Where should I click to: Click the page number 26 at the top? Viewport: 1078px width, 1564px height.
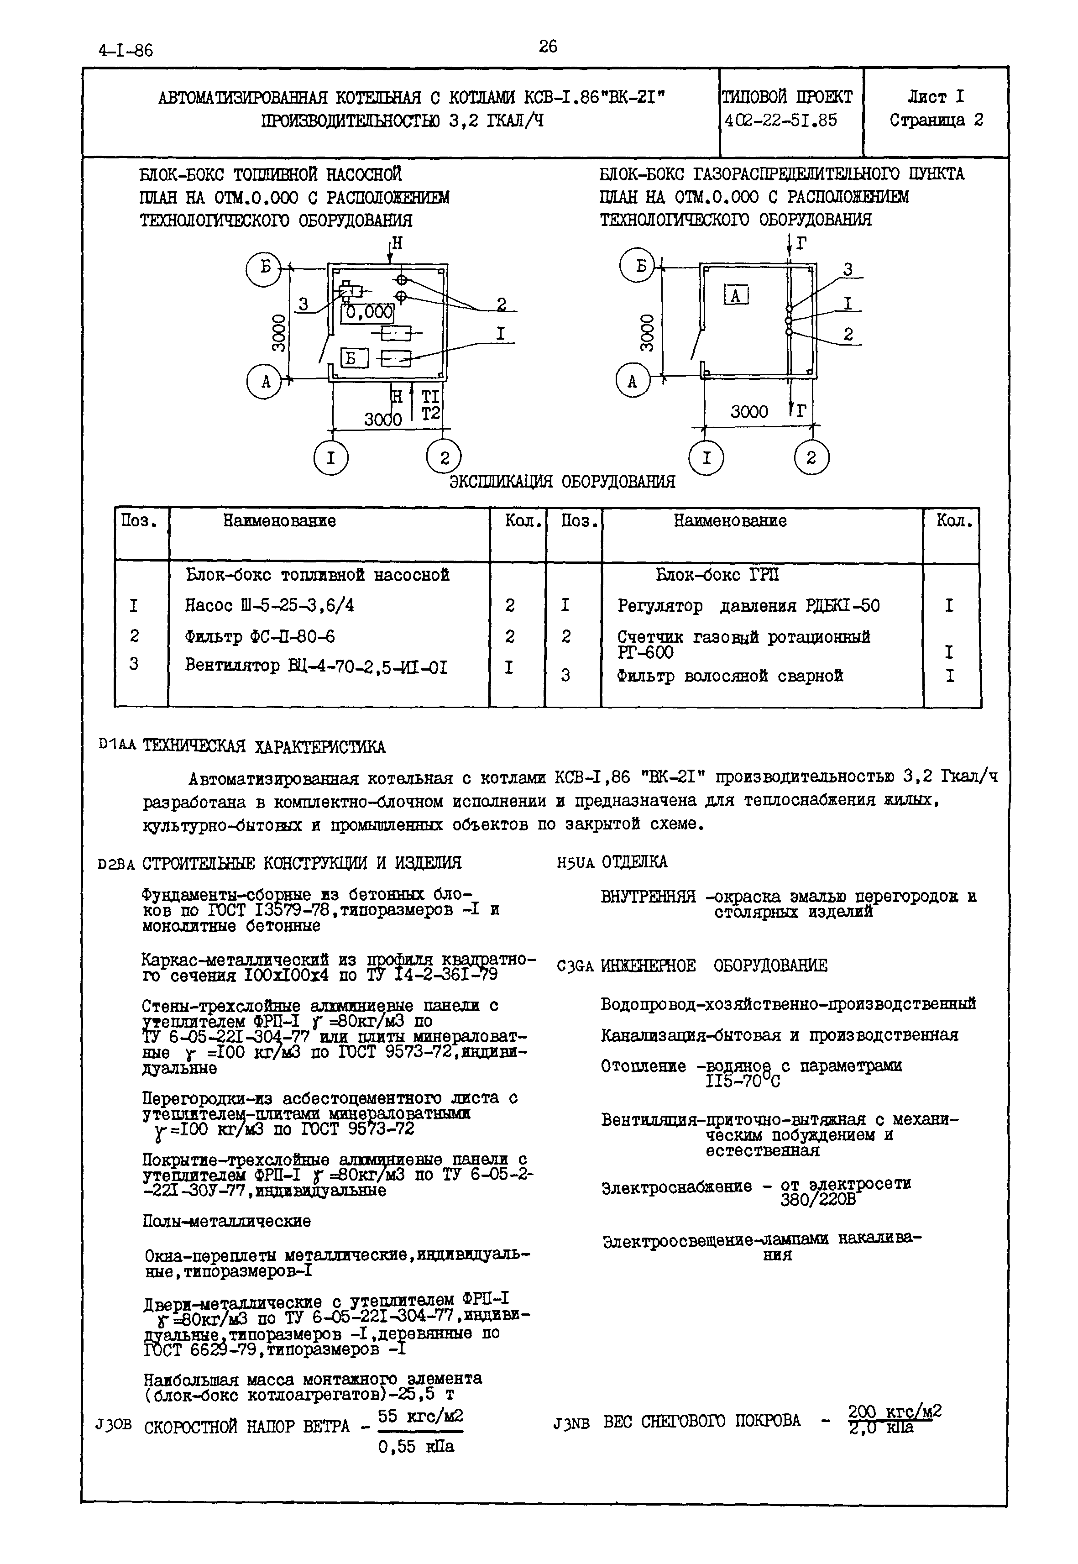pos(548,47)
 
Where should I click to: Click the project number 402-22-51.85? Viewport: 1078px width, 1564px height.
pos(780,120)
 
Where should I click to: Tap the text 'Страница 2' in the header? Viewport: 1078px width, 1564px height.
pos(936,120)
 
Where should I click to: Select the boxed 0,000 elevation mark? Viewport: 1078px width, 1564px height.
pos(367,312)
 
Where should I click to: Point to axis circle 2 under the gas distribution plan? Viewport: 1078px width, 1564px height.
pos(811,459)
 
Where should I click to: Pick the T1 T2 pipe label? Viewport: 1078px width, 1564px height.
pos(430,404)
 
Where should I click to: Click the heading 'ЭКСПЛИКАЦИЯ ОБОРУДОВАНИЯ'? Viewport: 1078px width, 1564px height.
pos(562,482)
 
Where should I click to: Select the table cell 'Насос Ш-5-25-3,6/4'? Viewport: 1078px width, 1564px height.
pos(269,605)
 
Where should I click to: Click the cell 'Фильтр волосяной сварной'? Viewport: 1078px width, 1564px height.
pos(730,676)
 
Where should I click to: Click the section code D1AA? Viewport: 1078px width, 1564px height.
pos(117,746)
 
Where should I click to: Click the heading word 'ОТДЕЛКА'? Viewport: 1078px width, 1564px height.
pos(634,862)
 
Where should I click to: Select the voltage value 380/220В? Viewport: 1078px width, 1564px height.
pos(817,1199)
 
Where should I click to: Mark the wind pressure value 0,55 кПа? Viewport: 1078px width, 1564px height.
pos(416,1446)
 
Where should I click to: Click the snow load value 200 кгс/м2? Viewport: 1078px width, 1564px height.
pos(894,1412)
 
